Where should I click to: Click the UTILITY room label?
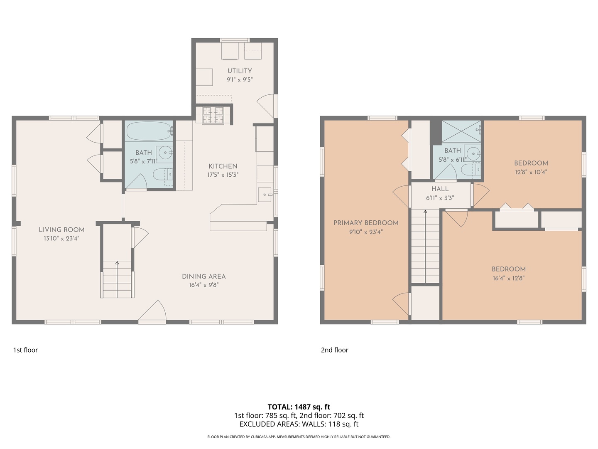[x=240, y=71]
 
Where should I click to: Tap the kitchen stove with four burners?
[x=213, y=115]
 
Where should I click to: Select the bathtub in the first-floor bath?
[x=149, y=131]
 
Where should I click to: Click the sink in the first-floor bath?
[x=164, y=154]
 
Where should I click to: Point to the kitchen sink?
[x=265, y=195]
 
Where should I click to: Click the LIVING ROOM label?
[x=61, y=230]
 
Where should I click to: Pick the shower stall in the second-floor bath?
[x=461, y=131]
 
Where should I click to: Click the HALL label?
[x=440, y=189]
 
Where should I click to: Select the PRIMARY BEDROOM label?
[x=366, y=223]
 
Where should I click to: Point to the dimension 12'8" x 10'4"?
[x=531, y=172]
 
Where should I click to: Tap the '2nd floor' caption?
[x=335, y=350]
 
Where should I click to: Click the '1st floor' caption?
[x=25, y=350]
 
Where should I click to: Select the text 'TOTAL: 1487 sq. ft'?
[x=299, y=407]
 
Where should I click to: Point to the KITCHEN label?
[x=223, y=166]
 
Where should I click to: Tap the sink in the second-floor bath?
[x=473, y=154]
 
